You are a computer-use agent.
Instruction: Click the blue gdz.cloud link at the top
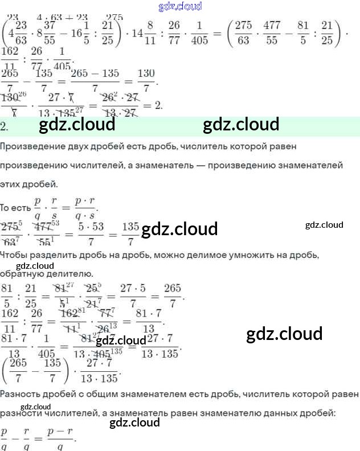pos(180,7)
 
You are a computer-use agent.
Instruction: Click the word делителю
pos(70,274)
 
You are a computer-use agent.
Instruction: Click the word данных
pos(279,412)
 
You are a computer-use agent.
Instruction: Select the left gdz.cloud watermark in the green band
pos(77,124)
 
